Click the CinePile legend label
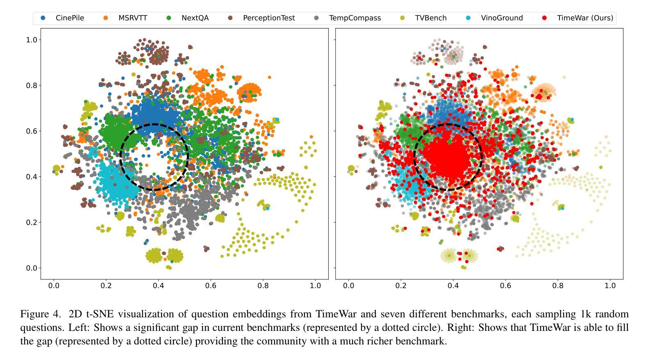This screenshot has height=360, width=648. coord(70,18)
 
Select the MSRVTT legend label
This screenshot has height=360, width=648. coord(132,18)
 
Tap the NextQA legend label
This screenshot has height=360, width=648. coord(195,18)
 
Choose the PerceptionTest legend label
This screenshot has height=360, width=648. coord(268,18)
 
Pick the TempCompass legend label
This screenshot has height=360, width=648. coord(355,18)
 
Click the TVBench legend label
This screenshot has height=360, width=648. coord(430,18)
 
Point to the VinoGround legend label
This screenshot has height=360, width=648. coord(502,18)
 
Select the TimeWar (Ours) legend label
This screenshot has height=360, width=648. coord(585,18)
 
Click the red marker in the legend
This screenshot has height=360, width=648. coord(544,18)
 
